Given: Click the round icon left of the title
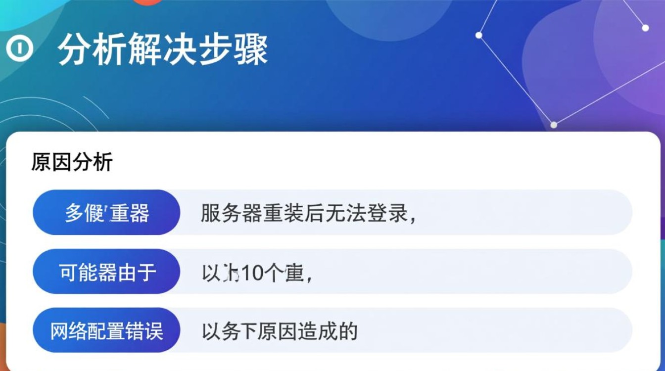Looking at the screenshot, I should tap(19, 49).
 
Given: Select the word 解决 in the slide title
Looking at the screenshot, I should tap(163, 49).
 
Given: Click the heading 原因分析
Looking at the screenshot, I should tap(72, 162).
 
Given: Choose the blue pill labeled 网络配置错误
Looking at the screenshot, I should tap(106, 330).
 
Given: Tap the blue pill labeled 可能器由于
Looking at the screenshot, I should tap(106, 272).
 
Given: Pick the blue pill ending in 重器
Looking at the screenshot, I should tap(106, 213).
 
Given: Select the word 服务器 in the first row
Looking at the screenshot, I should tap(228, 213).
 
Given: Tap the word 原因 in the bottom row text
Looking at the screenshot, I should tap(284, 331).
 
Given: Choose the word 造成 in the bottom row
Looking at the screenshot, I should tap(326, 331).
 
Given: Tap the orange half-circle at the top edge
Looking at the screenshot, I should tap(148, 2).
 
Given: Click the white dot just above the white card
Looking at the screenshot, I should tap(554, 125).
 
